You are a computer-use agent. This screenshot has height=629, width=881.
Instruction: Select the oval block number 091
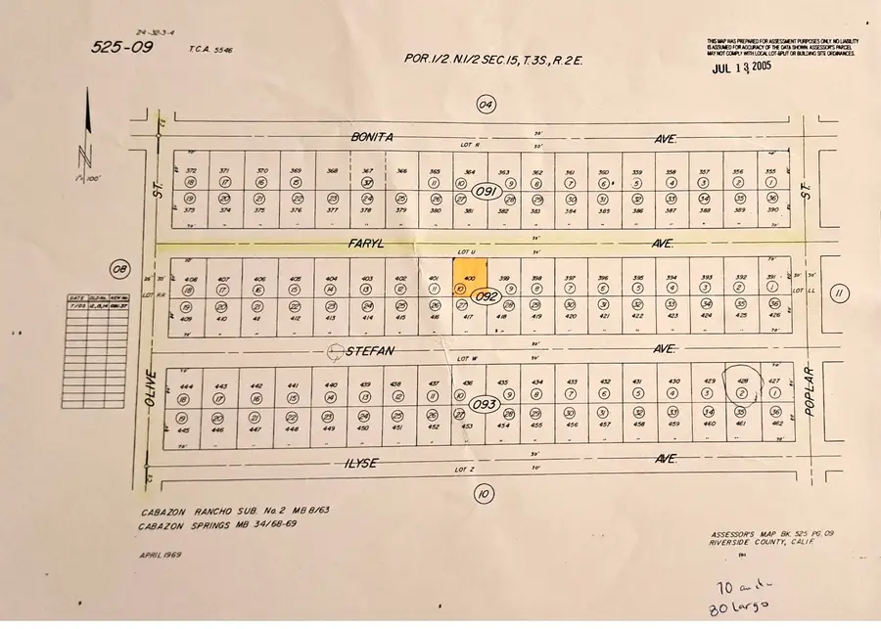(485, 191)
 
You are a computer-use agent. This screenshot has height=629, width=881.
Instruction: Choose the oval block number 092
(487, 296)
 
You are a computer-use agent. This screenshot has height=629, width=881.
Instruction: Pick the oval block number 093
(486, 404)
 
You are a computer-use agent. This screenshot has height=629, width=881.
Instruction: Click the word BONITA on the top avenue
(374, 138)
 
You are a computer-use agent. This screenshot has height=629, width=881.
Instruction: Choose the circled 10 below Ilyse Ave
(482, 494)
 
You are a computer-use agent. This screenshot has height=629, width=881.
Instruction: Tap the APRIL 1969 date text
(162, 555)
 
